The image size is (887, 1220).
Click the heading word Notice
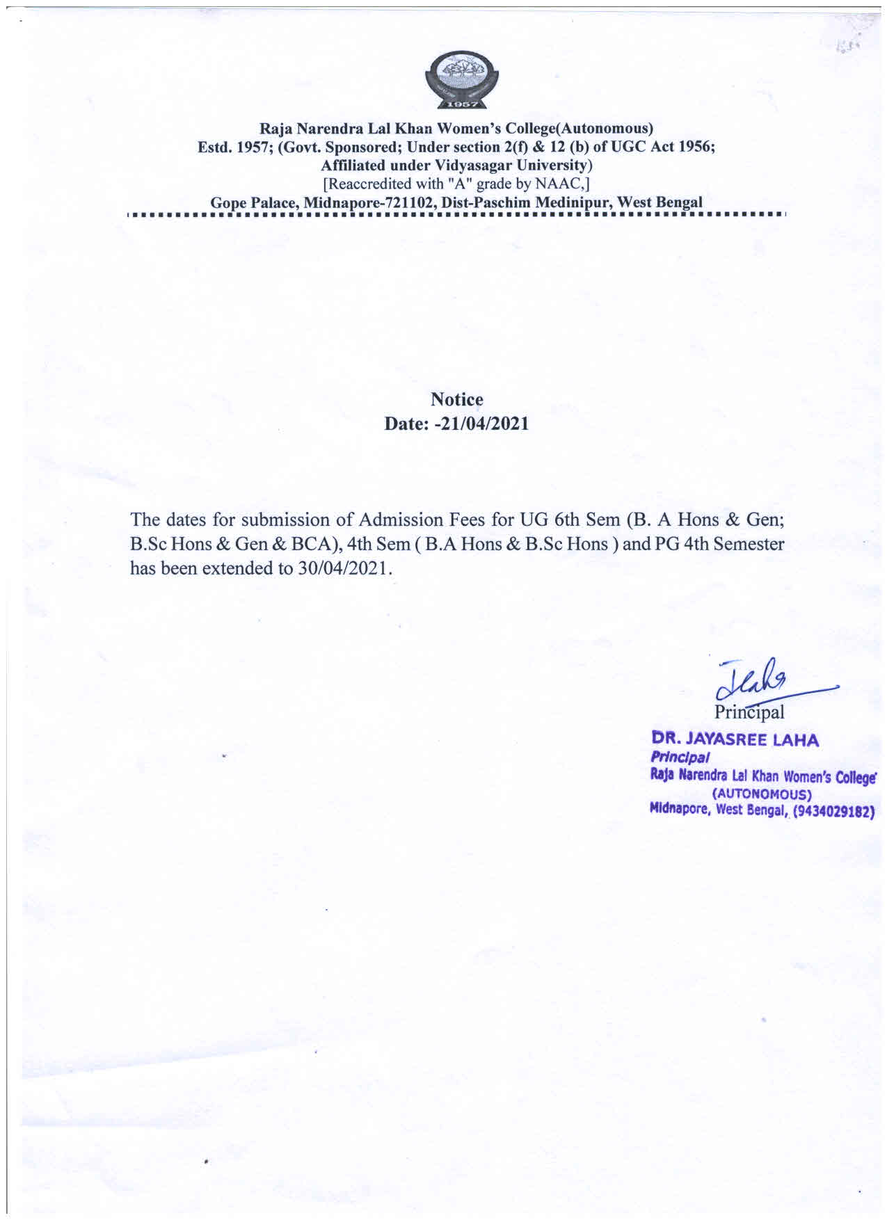456,400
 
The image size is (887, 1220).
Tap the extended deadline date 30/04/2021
337,568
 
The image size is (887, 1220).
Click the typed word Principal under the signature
749,712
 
